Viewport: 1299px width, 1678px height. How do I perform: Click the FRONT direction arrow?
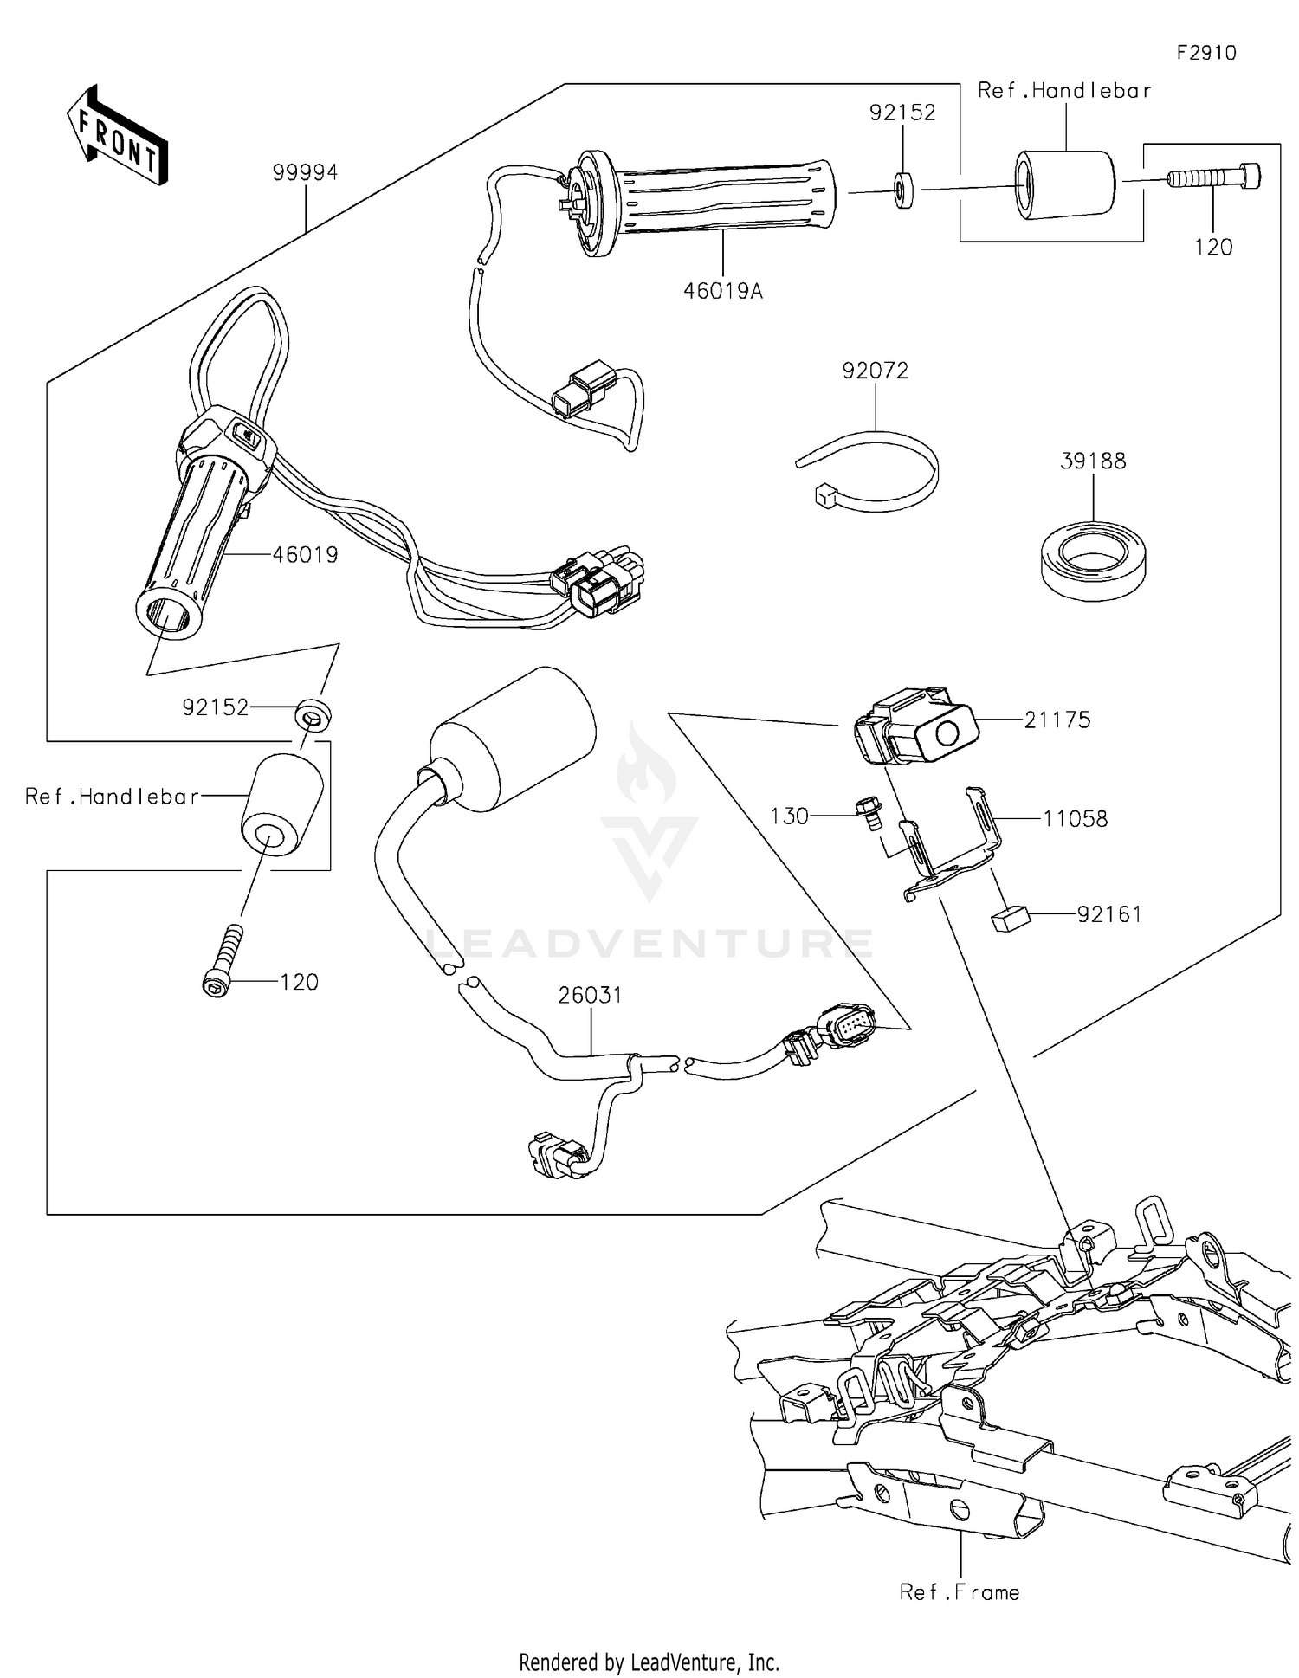pos(117,136)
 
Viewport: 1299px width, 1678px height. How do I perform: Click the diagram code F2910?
pos(1205,53)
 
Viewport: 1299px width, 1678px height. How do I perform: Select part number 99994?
pos(305,172)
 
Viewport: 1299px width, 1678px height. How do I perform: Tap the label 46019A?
pos(723,291)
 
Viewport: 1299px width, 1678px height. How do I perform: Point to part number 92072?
pos(875,371)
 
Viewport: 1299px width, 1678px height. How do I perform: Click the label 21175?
pos(1057,720)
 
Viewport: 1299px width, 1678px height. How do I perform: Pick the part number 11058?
pos(1075,818)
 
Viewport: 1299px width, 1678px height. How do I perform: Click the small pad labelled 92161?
pos(1008,920)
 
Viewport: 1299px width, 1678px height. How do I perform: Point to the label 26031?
pos(590,995)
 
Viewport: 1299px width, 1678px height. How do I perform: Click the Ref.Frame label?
pos(960,1591)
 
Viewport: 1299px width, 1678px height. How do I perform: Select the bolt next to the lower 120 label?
pos(223,961)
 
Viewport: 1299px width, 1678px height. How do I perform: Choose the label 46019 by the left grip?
pos(305,554)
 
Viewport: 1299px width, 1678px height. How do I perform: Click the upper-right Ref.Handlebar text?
pos(1064,90)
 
